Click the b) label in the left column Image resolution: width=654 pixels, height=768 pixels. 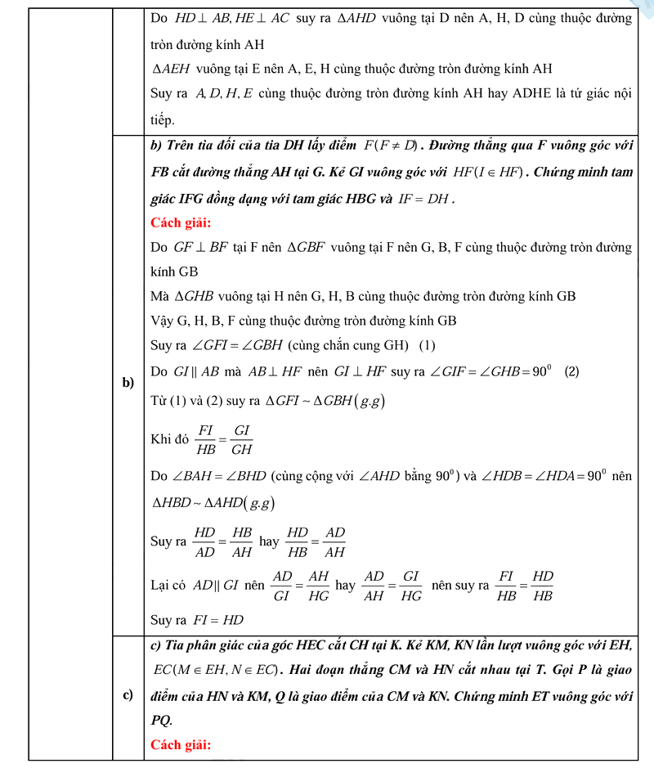click(128, 383)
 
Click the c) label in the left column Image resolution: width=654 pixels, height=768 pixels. click(128, 695)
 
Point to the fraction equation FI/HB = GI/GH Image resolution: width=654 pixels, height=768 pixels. click(224, 439)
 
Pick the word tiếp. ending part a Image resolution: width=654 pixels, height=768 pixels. click(163, 120)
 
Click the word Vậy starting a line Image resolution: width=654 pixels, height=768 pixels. click(162, 321)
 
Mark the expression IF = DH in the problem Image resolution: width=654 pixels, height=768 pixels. click(427, 198)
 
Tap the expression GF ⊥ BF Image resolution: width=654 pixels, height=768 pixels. click(200, 247)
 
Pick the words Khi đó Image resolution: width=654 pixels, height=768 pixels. click(169, 439)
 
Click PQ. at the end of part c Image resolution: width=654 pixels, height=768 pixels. click(162, 721)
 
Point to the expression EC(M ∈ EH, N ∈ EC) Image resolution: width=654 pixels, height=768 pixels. click(216, 670)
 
